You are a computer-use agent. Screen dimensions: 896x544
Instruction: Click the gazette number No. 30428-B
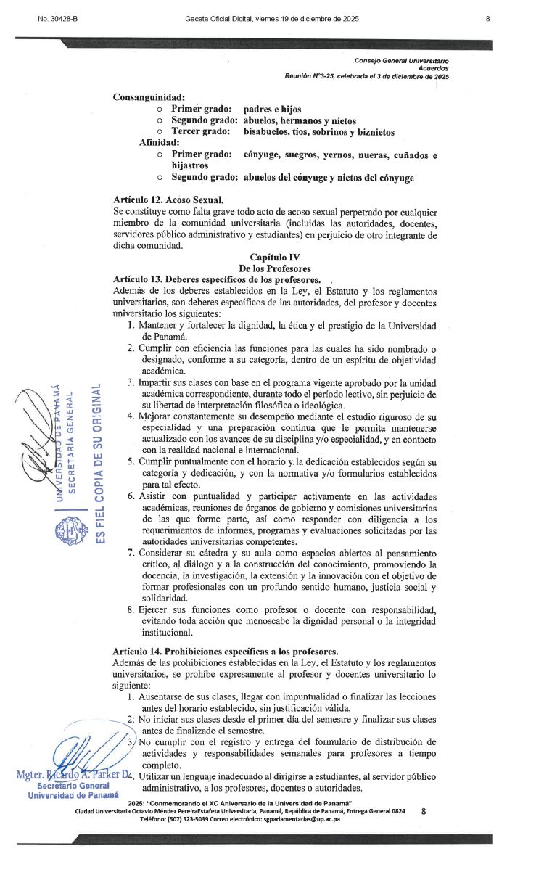click(x=57, y=18)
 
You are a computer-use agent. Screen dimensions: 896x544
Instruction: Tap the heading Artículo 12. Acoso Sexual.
click(x=168, y=200)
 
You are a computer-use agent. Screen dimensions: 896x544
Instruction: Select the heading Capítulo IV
click(x=275, y=257)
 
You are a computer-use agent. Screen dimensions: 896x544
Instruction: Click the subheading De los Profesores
click(x=275, y=268)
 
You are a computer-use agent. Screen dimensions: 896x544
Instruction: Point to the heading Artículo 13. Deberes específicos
click(x=217, y=279)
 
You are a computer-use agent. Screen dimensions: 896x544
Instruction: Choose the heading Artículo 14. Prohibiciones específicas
click(x=226, y=650)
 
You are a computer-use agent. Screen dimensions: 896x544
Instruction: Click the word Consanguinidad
click(x=149, y=97)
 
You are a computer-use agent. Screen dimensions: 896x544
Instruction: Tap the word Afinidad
click(x=160, y=142)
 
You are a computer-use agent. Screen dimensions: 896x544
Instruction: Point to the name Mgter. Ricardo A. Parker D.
click(x=73, y=774)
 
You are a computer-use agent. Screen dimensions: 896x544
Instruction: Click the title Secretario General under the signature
click(x=73, y=785)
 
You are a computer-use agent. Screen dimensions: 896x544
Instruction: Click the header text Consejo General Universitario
click(x=401, y=60)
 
